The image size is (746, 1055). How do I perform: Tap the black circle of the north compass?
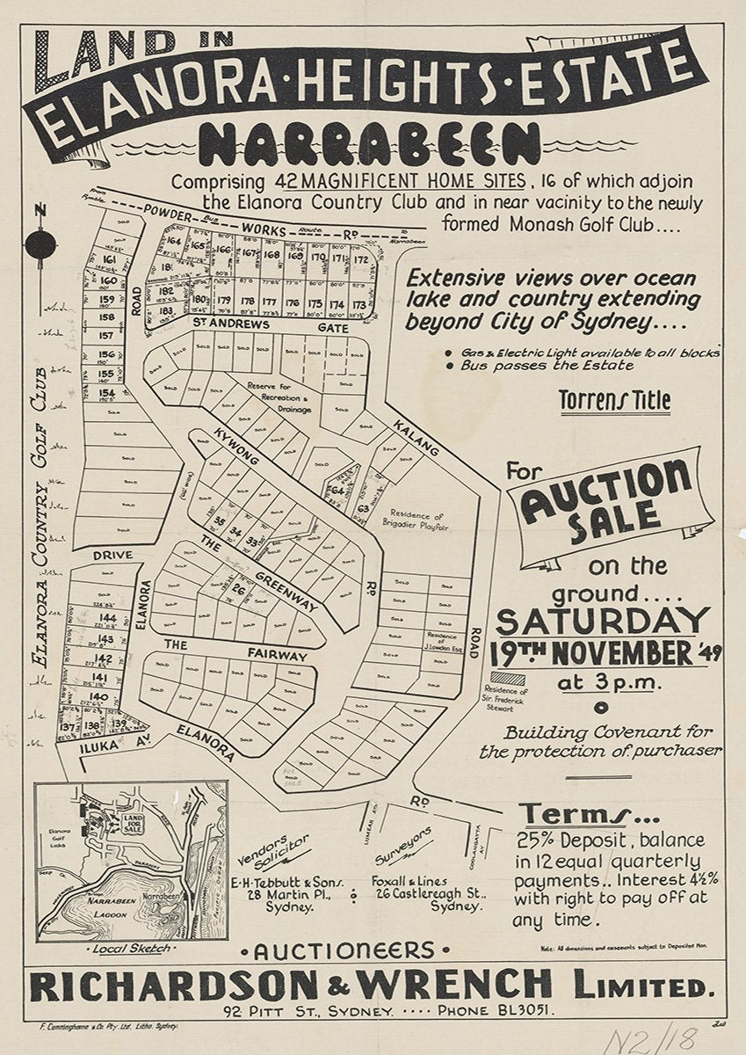click(x=40, y=244)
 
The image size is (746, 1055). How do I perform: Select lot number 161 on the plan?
click(x=109, y=261)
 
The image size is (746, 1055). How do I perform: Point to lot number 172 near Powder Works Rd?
click(x=360, y=259)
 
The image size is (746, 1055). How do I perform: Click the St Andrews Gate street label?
click(x=271, y=326)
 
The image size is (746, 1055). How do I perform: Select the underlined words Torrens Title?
click(x=615, y=401)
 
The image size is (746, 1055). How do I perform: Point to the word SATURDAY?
click(x=602, y=621)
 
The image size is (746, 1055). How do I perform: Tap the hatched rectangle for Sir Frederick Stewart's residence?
click(x=507, y=678)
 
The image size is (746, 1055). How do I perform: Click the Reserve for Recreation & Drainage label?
click(x=279, y=397)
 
